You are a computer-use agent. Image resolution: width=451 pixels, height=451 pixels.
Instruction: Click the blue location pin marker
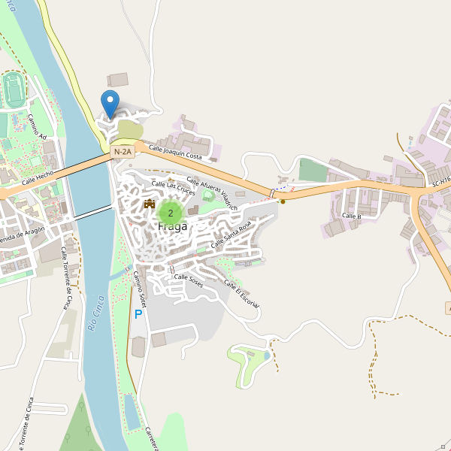(x=110, y=103)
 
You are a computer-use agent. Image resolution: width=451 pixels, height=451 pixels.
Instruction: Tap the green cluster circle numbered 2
(x=171, y=213)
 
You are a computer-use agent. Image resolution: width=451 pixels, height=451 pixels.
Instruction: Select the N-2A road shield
(x=123, y=152)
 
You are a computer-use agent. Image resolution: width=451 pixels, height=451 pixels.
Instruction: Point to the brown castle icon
(x=149, y=204)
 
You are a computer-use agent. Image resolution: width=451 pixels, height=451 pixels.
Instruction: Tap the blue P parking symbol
(x=138, y=314)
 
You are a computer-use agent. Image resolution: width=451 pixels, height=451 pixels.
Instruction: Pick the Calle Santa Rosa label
(x=231, y=235)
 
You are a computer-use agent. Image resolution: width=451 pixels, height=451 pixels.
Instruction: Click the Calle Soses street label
(x=189, y=277)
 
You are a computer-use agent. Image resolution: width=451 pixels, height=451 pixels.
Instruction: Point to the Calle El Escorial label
(x=242, y=294)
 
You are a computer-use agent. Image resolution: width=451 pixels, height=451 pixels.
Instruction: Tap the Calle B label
(x=352, y=216)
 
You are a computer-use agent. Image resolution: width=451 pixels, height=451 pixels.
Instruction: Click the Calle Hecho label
(x=37, y=177)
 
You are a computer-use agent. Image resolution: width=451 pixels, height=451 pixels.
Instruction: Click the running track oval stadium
(x=13, y=89)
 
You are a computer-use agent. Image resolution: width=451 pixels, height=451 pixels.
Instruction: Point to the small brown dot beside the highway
(x=283, y=201)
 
